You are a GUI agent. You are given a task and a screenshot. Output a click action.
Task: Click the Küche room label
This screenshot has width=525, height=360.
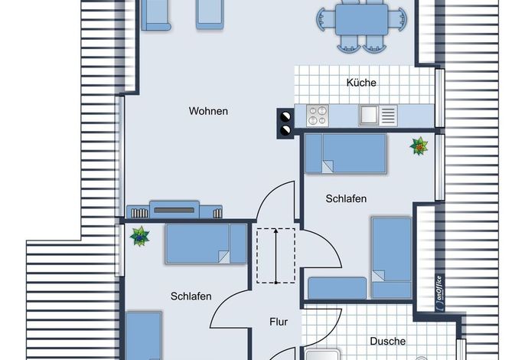361,83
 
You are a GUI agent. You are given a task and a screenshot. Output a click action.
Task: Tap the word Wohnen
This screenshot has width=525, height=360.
208,111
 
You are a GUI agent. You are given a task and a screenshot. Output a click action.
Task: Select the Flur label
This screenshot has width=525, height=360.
279,322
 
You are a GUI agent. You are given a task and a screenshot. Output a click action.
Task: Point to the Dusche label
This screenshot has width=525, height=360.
388,341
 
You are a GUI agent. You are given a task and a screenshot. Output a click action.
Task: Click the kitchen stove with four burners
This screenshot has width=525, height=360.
317,116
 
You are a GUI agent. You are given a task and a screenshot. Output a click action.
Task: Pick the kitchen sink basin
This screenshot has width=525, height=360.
369,116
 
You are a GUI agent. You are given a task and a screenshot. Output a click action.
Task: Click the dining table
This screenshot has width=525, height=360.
361,19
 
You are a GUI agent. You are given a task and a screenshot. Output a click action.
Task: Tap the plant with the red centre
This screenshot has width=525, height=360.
419,146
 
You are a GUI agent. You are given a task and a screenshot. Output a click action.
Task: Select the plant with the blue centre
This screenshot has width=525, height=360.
139,236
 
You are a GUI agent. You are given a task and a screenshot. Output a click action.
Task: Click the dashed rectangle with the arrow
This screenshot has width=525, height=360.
276,255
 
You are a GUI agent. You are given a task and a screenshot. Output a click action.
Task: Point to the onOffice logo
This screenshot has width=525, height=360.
440,293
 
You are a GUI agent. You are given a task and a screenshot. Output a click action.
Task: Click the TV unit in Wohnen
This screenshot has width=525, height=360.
174,210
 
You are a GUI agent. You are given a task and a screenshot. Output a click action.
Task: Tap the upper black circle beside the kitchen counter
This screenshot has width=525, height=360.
285,117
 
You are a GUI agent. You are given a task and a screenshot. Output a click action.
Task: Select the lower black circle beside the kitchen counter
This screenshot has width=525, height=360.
285,129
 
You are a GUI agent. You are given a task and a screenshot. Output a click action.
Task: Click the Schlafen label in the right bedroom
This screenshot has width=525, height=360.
346,198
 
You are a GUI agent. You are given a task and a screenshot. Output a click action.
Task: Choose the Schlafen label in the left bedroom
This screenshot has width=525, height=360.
191,296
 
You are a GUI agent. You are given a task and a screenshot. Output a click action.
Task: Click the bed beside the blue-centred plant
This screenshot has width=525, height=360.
206,244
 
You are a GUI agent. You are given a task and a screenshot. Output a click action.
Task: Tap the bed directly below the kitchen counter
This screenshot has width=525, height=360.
346,154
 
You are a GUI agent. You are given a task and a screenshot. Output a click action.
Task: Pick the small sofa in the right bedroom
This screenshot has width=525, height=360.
337,288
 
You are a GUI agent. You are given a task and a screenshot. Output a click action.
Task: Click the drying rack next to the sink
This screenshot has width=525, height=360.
389,116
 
